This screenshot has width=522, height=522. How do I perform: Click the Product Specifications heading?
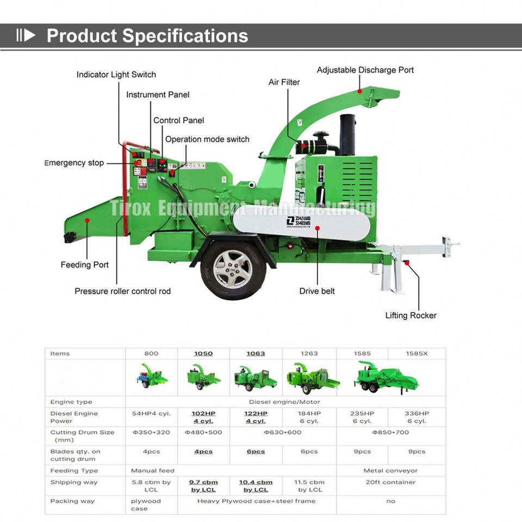pos(147,36)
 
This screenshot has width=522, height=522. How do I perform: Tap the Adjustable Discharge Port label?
pos(365,70)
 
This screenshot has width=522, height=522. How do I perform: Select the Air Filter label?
pos(284,82)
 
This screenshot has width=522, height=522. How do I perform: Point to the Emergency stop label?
pos(74,163)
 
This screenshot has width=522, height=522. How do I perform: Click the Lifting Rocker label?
pos(411,315)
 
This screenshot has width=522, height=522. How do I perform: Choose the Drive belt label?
pos(317,291)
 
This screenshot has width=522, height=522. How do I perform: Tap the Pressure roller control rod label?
pos(122,291)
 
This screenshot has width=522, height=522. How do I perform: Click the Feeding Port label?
pos(84,265)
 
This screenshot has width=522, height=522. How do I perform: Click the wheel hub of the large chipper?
pos(233,270)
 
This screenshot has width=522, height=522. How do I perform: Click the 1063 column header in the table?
pos(256,353)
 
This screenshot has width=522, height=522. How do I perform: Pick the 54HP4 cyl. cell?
pos(151,414)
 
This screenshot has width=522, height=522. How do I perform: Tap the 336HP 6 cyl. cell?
pos(417,417)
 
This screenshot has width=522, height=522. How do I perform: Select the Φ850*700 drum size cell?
pos(390,433)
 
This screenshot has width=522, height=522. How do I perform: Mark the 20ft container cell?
pos(390,482)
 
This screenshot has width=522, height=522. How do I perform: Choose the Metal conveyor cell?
pos(390,470)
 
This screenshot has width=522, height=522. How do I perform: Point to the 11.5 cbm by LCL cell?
pos(309,486)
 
